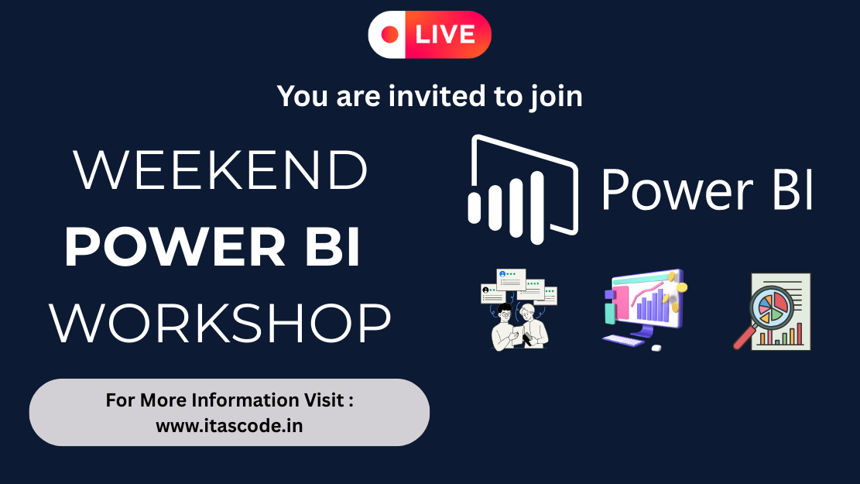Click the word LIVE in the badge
click(x=445, y=35)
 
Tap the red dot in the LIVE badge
click(x=390, y=35)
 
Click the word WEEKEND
click(x=221, y=170)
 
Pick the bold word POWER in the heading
click(x=176, y=247)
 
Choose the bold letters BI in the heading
click(x=332, y=247)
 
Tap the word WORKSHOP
click(x=221, y=323)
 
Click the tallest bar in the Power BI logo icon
click(x=537, y=208)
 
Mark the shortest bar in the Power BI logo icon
click(x=475, y=208)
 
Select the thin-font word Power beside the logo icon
click(x=677, y=190)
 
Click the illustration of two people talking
click(x=519, y=310)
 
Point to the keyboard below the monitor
click(x=624, y=341)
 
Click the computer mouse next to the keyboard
click(x=656, y=348)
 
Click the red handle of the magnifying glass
click(x=744, y=337)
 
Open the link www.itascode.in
click(x=229, y=426)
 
